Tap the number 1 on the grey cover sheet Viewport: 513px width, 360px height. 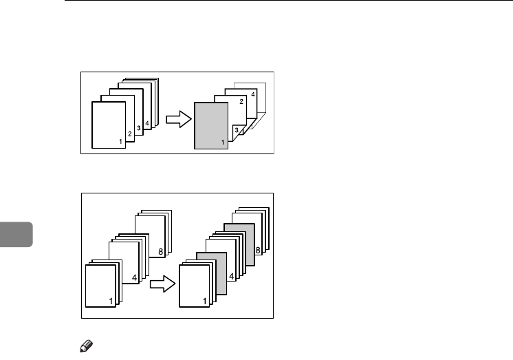(222, 142)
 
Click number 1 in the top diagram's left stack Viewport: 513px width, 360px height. (120, 142)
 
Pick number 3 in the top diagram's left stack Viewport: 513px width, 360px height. (138, 128)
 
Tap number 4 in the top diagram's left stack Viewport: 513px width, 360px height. (147, 123)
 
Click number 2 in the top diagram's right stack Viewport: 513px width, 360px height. (241, 101)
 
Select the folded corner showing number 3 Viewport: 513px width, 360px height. (237, 129)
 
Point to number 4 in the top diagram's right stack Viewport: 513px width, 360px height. (252, 94)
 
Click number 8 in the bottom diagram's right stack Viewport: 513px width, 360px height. (257, 251)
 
